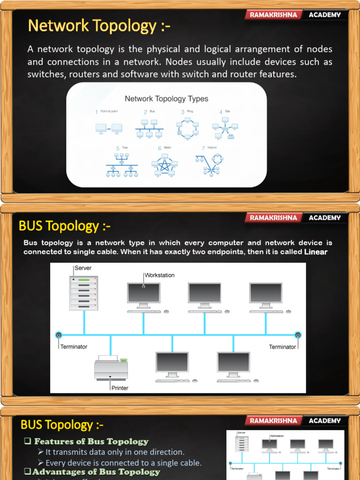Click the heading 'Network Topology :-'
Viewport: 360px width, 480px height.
pyautogui.click(x=99, y=26)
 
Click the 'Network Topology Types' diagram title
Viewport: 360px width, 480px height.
pyautogui.click(x=166, y=99)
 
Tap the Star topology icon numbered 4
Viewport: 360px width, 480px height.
pyautogui.click(x=225, y=128)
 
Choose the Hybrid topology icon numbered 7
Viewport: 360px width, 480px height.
pyautogui.click(x=211, y=165)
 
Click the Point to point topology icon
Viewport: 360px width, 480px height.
pyautogui.click(x=109, y=128)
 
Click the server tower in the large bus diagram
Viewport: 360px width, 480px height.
pyautogui.click(x=84, y=292)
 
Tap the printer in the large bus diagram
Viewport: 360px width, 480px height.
pyautogui.click(x=111, y=368)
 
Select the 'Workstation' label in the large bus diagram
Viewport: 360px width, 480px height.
pyautogui.click(x=159, y=275)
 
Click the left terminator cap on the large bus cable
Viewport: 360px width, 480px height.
pyautogui.click(x=59, y=335)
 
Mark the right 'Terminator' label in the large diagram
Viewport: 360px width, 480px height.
pyautogui.click(x=283, y=347)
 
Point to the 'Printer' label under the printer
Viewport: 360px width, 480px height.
pyautogui.click(x=120, y=388)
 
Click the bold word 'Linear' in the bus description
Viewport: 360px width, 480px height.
pyautogui.click(x=316, y=252)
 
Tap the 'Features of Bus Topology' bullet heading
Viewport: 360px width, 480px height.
pyautogui.click(x=91, y=442)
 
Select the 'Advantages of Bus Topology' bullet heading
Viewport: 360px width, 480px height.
pyautogui.click(x=96, y=472)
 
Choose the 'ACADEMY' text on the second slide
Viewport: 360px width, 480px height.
pyautogui.click(x=325, y=217)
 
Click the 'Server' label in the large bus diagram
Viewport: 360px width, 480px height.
pyautogui.click(x=83, y=268)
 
